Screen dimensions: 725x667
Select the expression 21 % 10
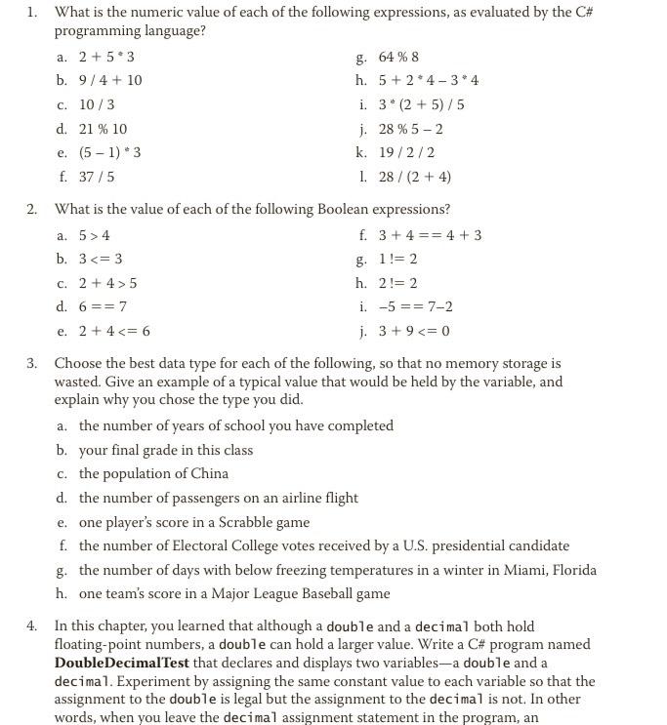pos(103,129)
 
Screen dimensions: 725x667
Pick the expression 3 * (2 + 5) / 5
pos(421,104)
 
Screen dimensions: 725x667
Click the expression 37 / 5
pos(97,177)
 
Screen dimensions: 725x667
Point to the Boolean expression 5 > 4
pos(95,235)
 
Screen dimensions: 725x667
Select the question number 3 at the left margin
pos(31,363)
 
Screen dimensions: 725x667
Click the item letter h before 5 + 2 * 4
pos(362,80)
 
